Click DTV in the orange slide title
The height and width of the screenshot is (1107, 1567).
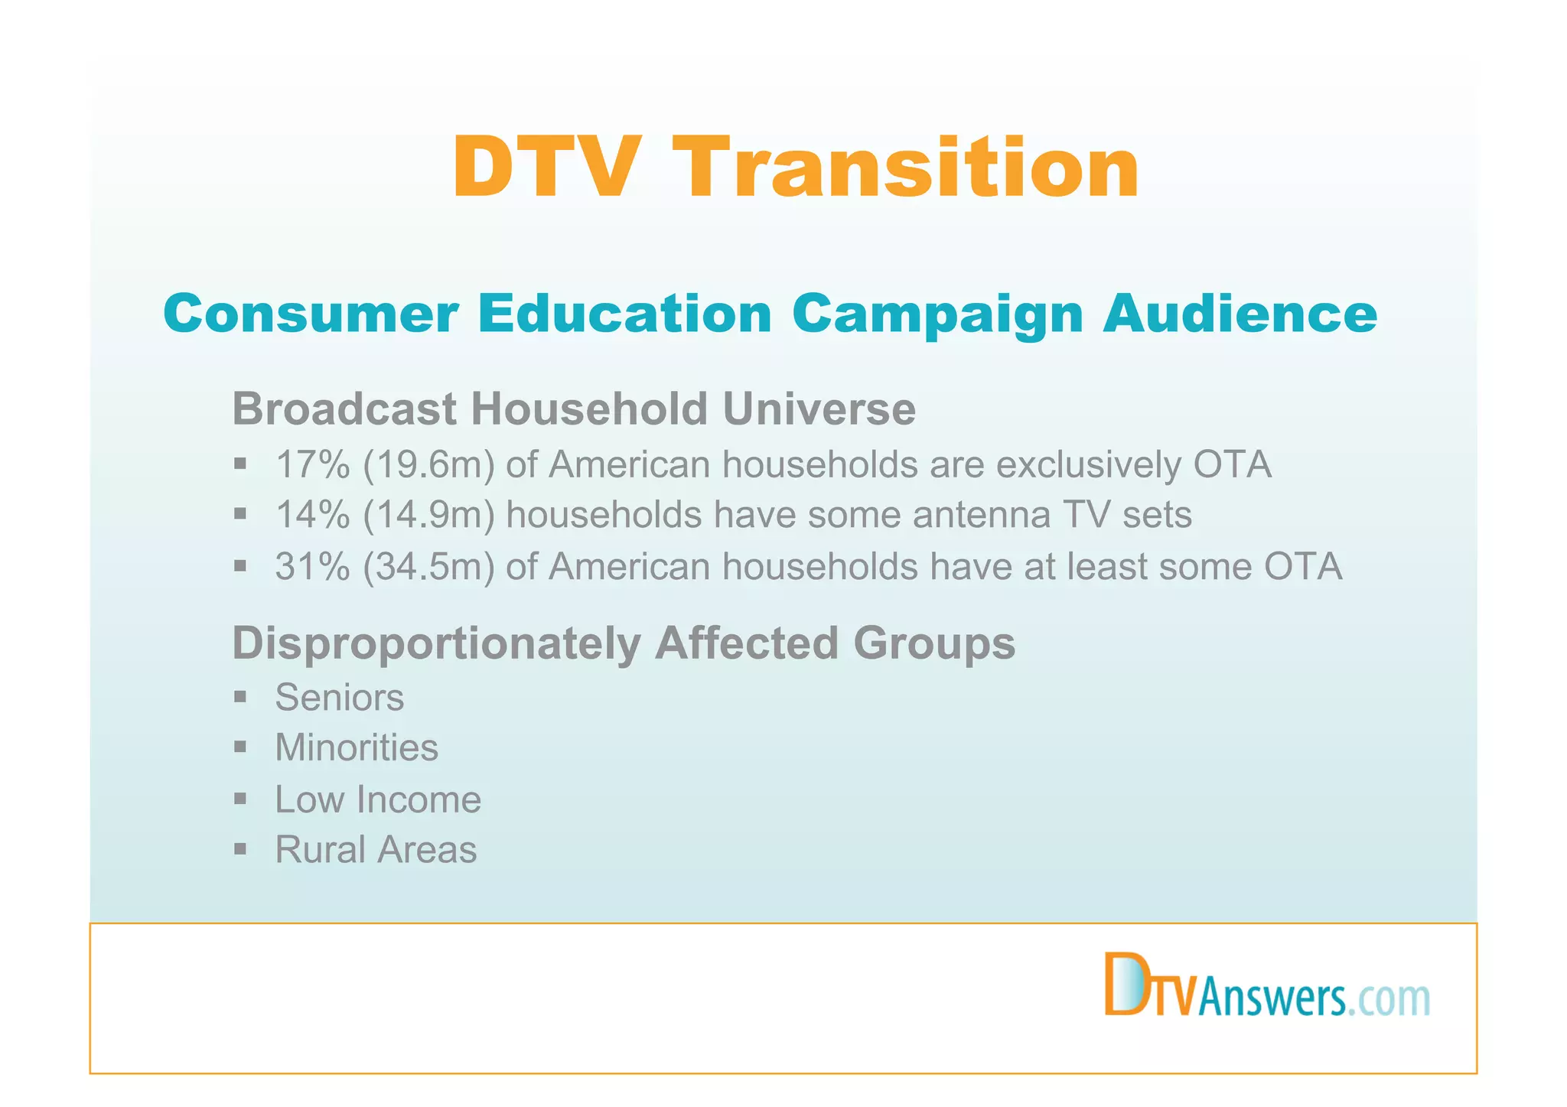[x=545, y=168]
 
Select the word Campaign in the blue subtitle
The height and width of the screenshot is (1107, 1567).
[x=937, y=314]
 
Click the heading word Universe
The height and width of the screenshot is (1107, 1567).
[x=819, y=409]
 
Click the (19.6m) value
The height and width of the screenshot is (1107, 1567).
[x=429, y=464]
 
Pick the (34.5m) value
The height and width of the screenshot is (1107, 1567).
[x=429, y=567]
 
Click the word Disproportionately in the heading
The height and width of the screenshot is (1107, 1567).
[x=437, y=643]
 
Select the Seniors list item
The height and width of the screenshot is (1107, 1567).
[x=339, y=698]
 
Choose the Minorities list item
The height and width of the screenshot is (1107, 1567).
[x=357, y=747]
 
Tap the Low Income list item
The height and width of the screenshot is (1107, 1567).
[x=378, y=799]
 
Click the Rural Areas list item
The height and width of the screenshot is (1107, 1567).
[x=376, y=850]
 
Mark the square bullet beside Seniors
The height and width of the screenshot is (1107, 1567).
[x=240, y=696]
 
